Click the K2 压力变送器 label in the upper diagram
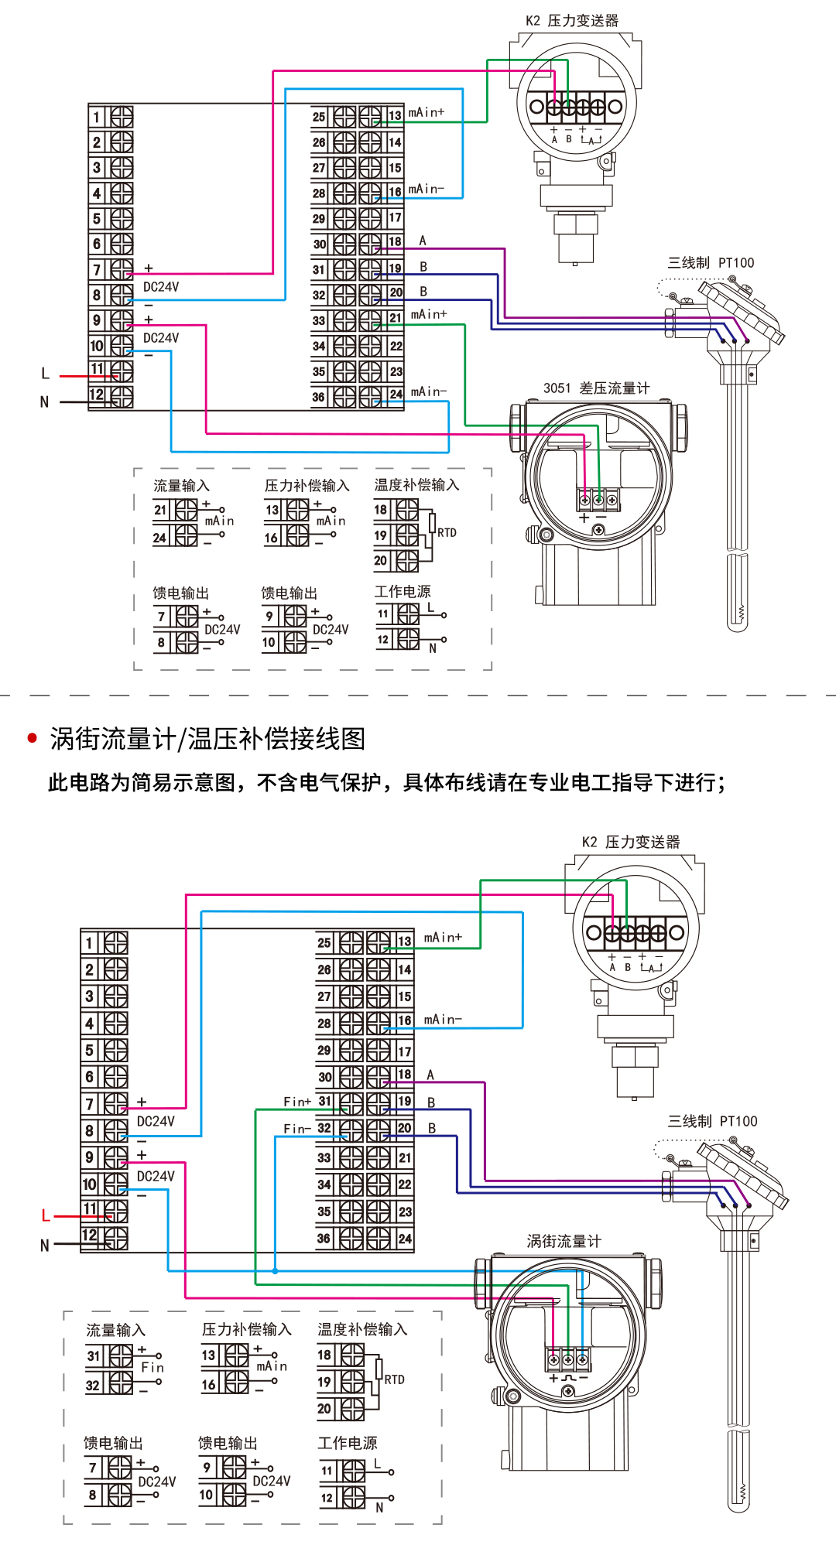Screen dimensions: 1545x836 [572, 21]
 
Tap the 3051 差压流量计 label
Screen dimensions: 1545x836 [596, 388]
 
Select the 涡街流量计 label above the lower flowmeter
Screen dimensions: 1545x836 [564, 1241]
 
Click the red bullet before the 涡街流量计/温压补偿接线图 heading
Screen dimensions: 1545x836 [33, 738]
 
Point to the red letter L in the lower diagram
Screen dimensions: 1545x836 [46, 1215]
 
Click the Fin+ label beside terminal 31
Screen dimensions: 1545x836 [297, 1102]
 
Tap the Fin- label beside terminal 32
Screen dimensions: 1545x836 [297, 1129]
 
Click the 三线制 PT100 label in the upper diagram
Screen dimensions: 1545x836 [711, 263]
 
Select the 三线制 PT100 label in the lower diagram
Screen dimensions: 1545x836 [712, 1121]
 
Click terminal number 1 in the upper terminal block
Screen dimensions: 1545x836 [97, 118]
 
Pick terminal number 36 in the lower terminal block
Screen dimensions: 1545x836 [324, 1238]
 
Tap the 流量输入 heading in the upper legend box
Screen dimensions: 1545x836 [181, 486]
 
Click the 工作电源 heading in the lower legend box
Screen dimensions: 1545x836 [348, 1443]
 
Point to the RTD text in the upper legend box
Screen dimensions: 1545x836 [447, 533]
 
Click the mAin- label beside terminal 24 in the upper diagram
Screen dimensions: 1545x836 [429, 392]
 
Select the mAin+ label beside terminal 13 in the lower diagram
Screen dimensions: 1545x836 [443, 938]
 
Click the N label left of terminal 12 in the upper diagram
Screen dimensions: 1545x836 [44, 402]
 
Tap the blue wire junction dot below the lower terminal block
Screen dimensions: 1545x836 [275, 1270]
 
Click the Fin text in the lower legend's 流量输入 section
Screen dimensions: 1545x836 [152, 1367]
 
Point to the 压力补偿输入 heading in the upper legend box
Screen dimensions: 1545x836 [307, 486]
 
